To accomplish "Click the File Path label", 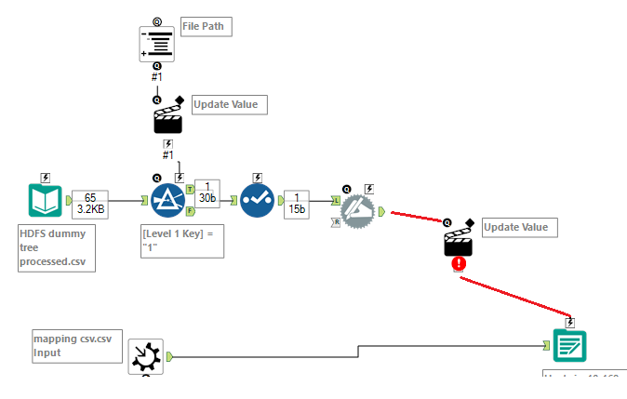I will coord(205,27).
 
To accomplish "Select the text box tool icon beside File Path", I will coord(156,43).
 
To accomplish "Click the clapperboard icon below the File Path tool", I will coord(167,118).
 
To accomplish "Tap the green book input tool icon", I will coord(47,200).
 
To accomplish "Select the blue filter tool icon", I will coord(168,200).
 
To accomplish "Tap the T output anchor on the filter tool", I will coord(191,189).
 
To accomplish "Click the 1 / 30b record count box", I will coord(207,193).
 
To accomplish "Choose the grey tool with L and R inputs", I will coord(357,211).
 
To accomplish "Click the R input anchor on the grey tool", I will coord(336,222).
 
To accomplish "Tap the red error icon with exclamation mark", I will coord(459,263).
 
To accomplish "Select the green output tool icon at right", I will coord(569,346).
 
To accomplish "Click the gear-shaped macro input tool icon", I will coord(146,356).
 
